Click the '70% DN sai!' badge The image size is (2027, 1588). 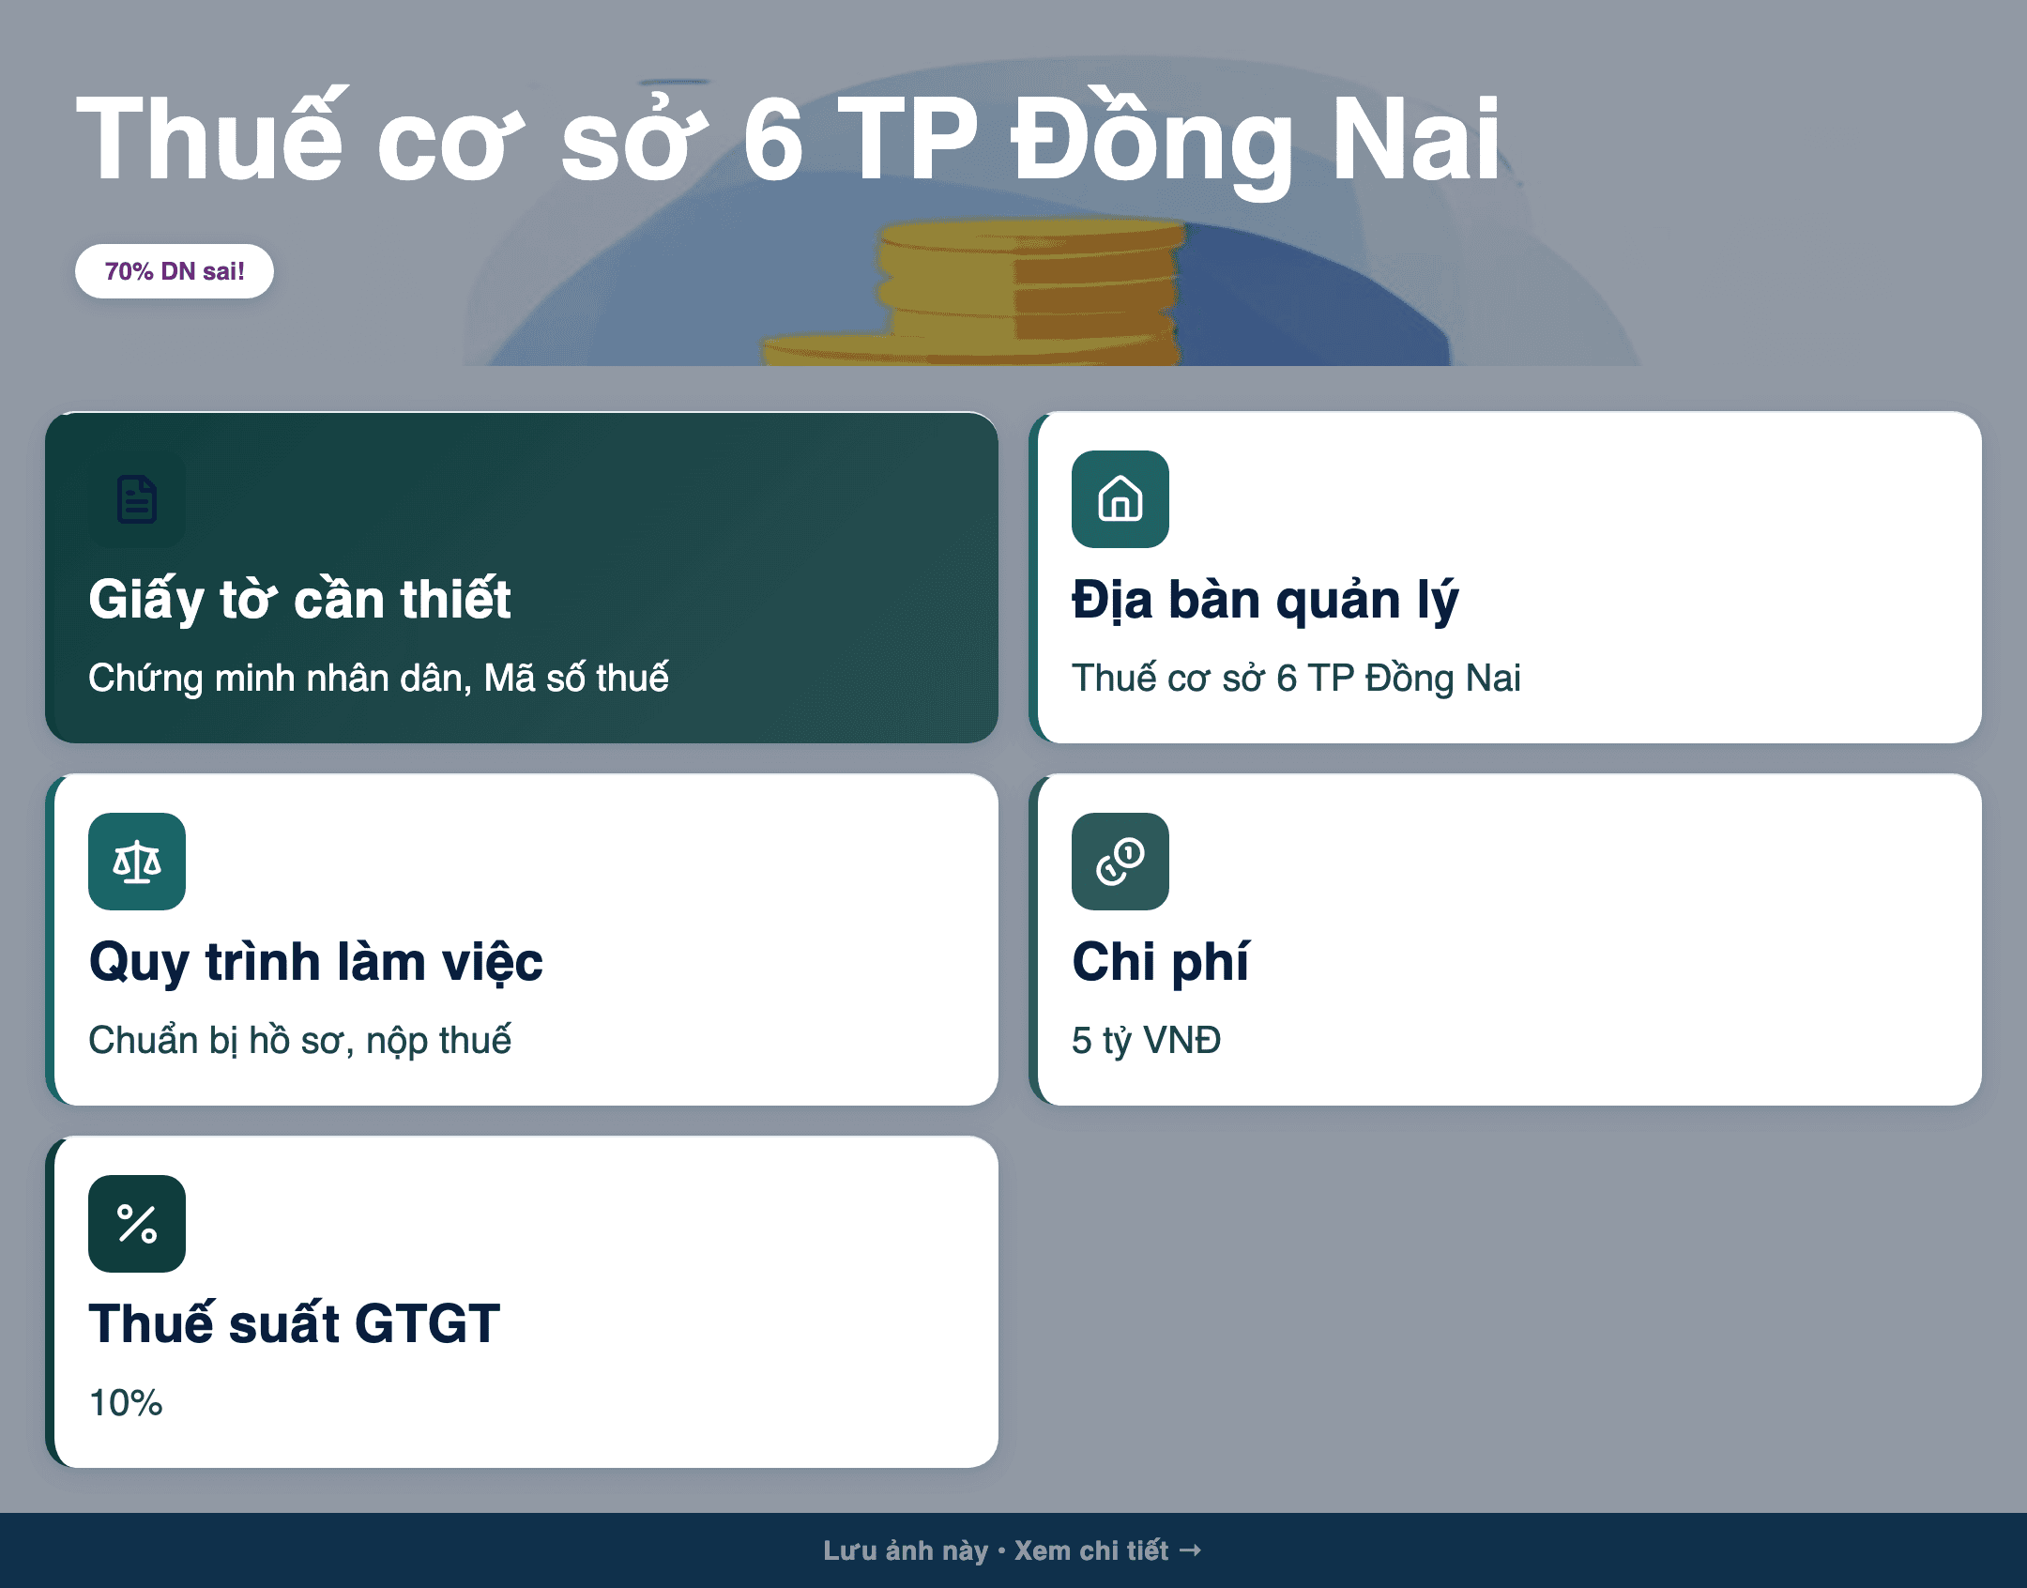(x=175, y=271)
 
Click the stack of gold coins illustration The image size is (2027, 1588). (x=976, y=293)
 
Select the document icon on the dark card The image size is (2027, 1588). (x=137, y=499)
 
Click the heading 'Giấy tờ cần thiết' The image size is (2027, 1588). (x=299, y=599)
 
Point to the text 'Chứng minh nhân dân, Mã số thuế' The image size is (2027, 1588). (x=378, y=678)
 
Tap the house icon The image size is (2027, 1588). (x=1120, y=499)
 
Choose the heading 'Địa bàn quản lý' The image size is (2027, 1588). (x=1265, y=599)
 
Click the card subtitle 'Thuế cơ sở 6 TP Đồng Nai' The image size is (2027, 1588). (x=1296, y=678)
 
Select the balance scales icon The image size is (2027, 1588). (x=137, y=862)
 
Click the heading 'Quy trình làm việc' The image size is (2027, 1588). (x=315, y=961)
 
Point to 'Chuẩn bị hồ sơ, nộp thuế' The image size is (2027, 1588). (x=299, y=1040)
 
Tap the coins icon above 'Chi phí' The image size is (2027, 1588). (x=1120, y=862)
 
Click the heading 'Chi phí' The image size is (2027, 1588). (x=1160, y=961)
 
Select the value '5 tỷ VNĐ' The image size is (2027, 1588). (x=1146, y=1040)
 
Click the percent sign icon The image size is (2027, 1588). (x=137, y=1224)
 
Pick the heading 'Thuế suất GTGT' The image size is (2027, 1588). (x=294, y=1323)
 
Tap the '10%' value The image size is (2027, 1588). (x=126, y=1402)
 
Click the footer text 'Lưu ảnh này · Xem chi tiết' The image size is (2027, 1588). (x=996, y=1550)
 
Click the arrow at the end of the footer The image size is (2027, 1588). (x=1190, y=1550)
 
